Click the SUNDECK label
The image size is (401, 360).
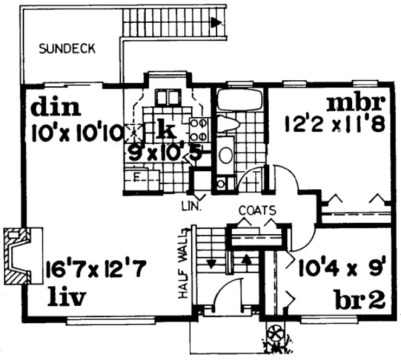click(x=68, y=49)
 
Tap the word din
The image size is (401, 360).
click(x=56, y=107)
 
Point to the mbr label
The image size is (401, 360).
click(x=355, y=103)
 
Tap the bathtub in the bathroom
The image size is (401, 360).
click(x=239, y=101)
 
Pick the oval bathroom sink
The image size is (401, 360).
click(x=226, y=155)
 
